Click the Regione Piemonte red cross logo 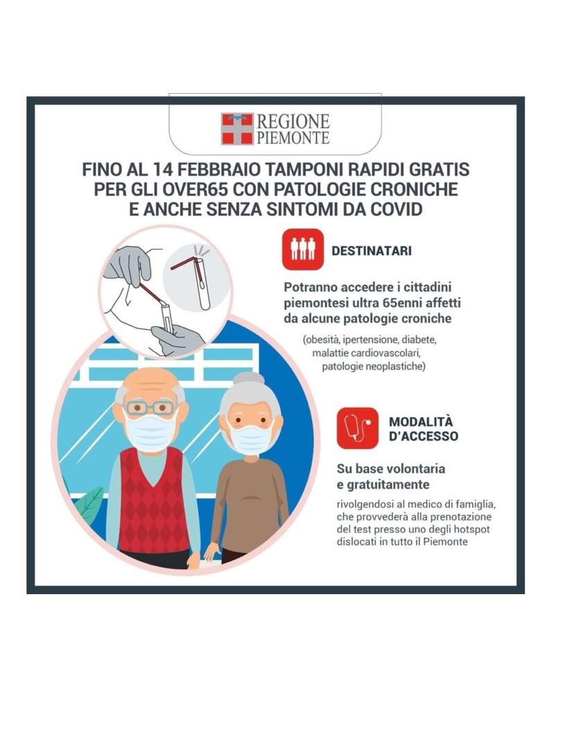237,128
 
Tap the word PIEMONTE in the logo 293,137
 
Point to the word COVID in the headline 396,209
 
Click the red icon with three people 302,249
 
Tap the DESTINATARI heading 372,251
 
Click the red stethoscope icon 358,428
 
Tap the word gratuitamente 388,485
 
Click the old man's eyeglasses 151,408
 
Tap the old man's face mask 151,432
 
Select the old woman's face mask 251,440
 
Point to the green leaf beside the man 91,502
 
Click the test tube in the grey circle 203,285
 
